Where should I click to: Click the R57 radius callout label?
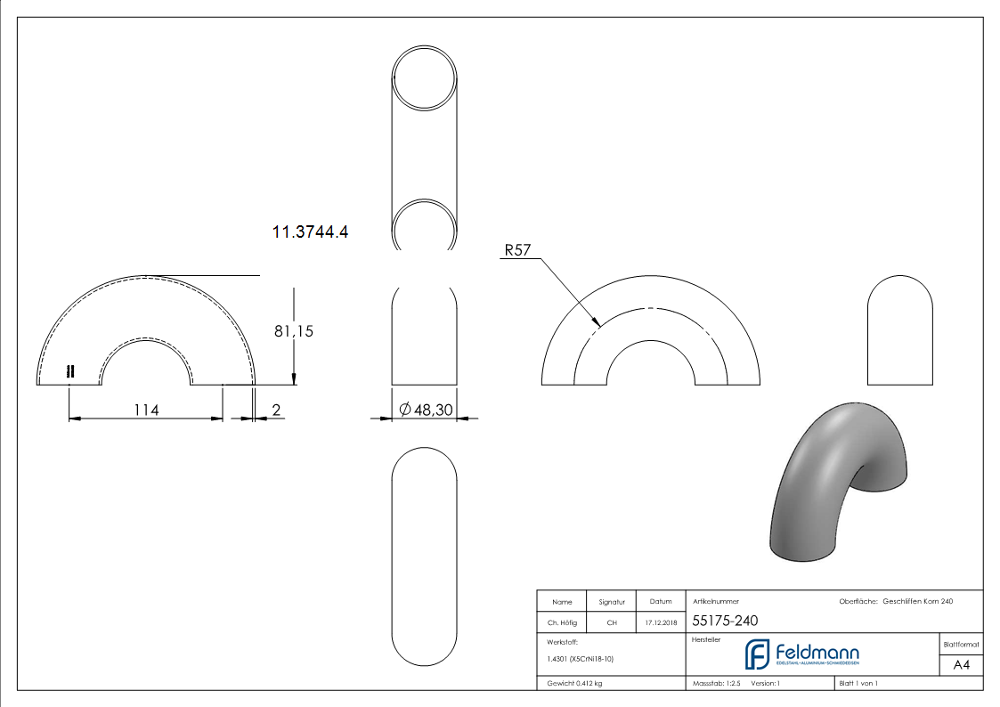click(517, 250)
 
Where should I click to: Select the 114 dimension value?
click(146, 410)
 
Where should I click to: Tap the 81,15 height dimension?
click(294, 331)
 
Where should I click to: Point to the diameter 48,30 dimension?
click(426, 410)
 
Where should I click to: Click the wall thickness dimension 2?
click(276, 410)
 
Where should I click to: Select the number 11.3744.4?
click(310, 232)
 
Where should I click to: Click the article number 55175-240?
click(725, 621)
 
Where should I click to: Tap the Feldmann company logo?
click(801, 654)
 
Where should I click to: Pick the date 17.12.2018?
click(661, 622)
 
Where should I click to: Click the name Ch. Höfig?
click(562, 622)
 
